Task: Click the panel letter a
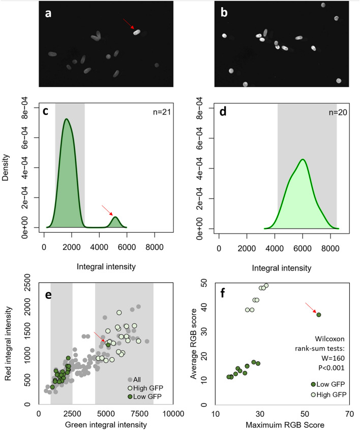(x=48, y=14)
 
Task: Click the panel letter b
(x=224, y=14)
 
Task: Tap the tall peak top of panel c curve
(x=67, y=119)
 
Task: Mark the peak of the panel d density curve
(x=303, y=159)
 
